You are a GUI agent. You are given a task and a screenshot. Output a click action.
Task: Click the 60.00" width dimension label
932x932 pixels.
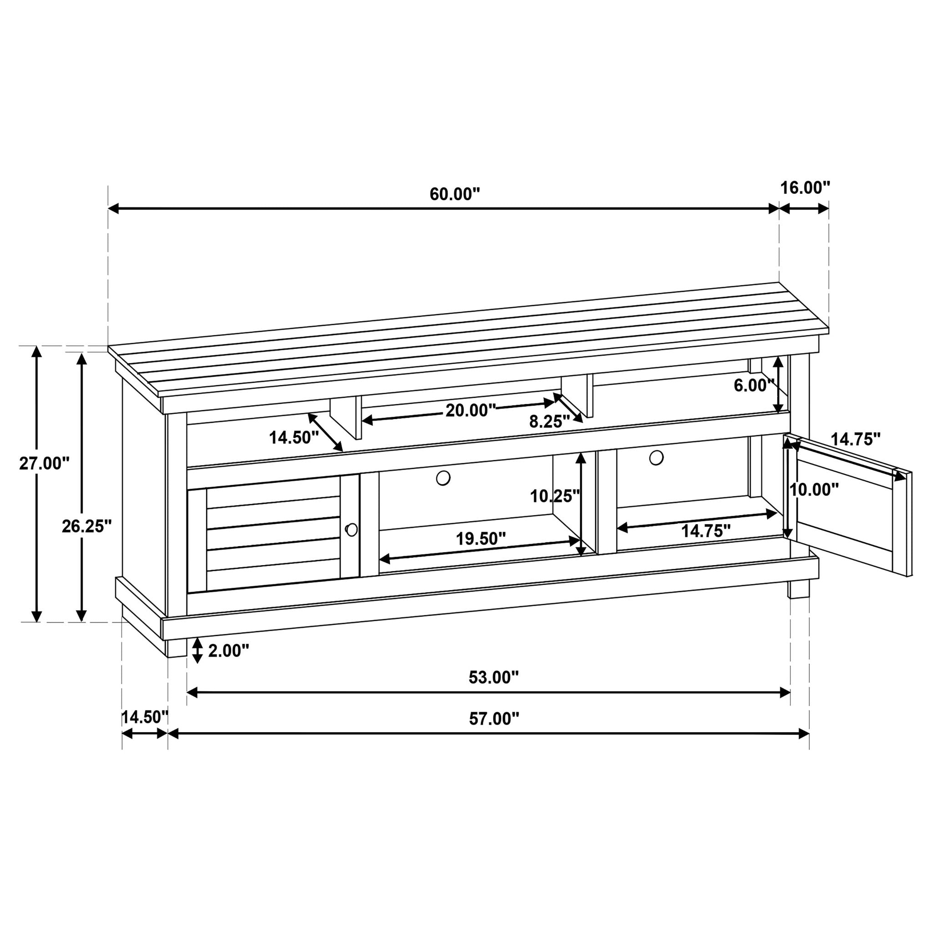click(x=455, y=194)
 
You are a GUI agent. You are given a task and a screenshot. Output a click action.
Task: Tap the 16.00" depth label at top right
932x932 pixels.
click(x=805, y=187)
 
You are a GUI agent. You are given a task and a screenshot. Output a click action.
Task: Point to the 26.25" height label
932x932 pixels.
click(x=87, y=527)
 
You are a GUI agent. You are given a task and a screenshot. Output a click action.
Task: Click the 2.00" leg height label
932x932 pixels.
click(x=228, y=651)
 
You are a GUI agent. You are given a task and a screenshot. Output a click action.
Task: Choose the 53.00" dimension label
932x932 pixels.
click(x=493, y=677)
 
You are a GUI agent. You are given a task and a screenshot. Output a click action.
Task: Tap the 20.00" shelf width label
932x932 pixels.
click(x=471, y=410)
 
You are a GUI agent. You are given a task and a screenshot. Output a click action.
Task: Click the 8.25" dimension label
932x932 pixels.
click(x=549, y=421)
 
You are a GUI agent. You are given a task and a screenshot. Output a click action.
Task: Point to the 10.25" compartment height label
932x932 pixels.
click(x=555, y=496)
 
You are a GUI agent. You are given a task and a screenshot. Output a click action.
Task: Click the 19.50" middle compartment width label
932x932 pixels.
click(x=481, y=538)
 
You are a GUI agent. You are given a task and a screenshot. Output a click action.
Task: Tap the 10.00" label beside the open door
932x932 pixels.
click(x=814, y=490)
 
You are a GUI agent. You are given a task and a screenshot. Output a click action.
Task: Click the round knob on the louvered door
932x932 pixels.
click(x=352, y=530)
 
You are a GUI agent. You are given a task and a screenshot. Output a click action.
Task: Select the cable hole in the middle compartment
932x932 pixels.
click(x=443, y=478)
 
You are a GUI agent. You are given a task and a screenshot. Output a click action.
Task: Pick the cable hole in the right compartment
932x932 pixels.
click(x=656, y=457)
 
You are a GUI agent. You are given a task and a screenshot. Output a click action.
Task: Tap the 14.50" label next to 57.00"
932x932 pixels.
click(x=144, y=717)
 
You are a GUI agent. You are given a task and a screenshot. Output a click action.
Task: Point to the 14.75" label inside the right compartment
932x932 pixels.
click(x=705, y=531)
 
